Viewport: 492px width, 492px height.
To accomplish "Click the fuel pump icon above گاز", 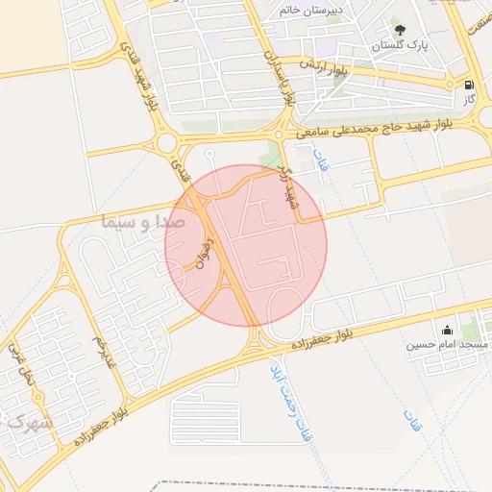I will click(x=469, y=84).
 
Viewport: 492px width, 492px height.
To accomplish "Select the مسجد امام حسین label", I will click(x=447, y=344).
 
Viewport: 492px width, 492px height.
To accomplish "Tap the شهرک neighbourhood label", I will click(x=28, y=422).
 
